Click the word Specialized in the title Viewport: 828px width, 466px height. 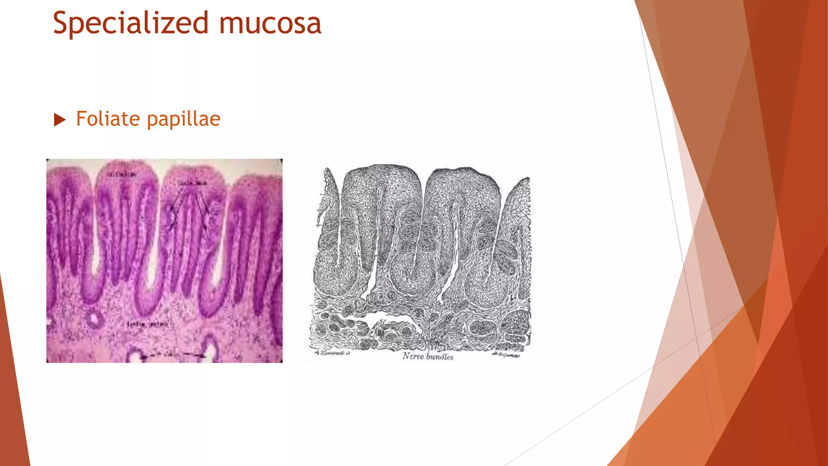click(131, 23)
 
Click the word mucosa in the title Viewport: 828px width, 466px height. click(270, 23)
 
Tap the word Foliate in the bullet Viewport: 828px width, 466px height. click(108, 119)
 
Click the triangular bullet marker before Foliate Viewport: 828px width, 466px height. click(59, 120)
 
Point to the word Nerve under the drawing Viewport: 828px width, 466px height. click(413, 356)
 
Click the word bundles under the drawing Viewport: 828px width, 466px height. click(440, 356)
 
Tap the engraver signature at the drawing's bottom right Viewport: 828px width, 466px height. click(506, 355)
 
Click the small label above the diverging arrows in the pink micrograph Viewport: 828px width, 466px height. click(193, 183)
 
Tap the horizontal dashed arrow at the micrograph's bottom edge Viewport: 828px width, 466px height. click(174, 355)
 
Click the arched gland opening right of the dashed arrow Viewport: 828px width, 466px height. click(210, 348)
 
